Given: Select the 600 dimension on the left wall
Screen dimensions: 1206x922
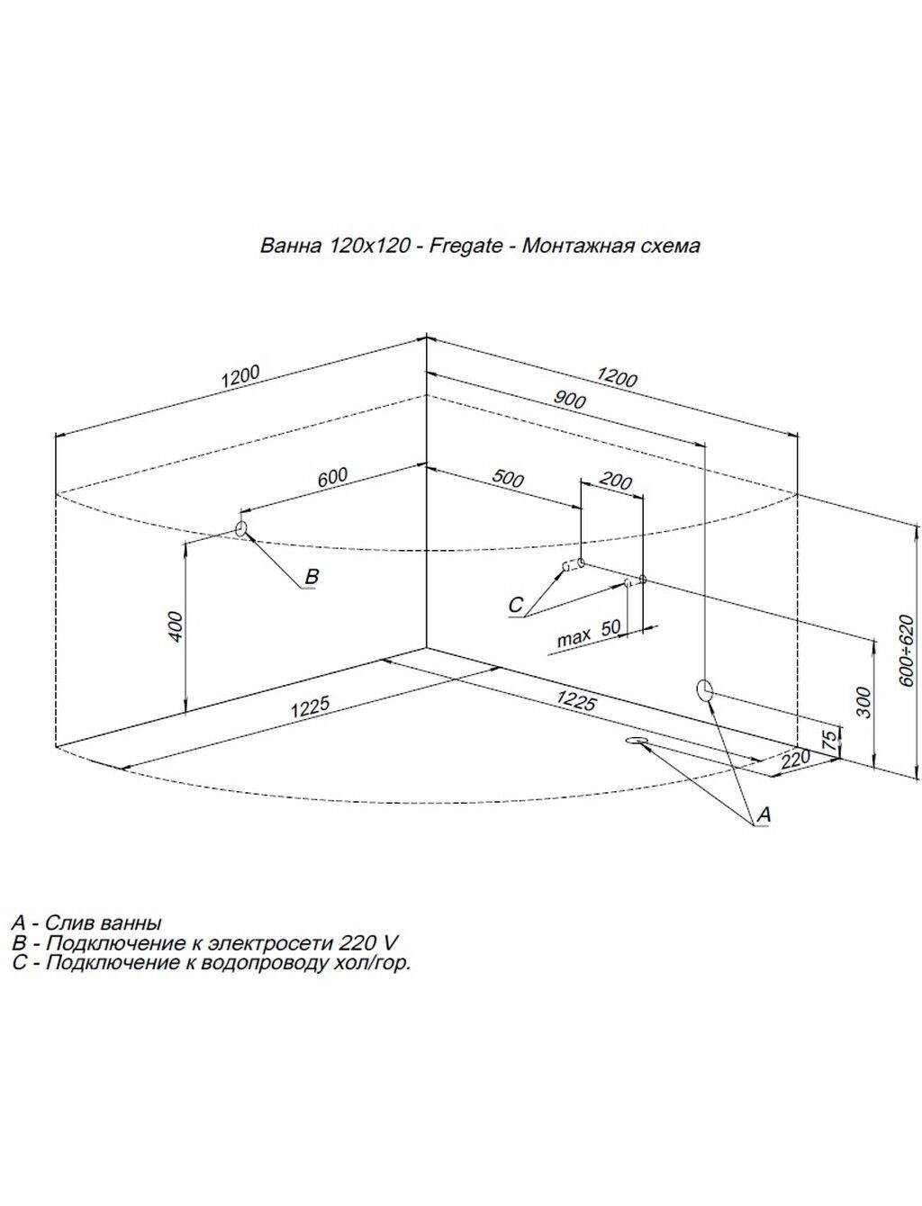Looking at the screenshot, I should coord(331,477).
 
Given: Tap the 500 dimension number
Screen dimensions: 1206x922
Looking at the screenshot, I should coord(508,478).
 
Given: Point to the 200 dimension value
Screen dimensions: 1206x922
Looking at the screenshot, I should coord(615,481).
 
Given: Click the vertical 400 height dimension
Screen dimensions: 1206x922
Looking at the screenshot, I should coord(176,626).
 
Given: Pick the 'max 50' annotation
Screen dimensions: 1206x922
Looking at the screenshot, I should coord(589,633).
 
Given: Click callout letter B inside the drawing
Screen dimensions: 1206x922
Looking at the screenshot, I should coord(312,577).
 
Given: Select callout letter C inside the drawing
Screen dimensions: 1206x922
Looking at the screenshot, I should coord(515,605).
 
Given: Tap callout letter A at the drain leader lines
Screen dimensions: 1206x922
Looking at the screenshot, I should coord(764,814).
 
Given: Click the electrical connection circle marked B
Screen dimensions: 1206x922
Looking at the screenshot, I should coord(240,527).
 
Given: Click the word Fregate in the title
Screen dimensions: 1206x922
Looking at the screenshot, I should coord(466,246).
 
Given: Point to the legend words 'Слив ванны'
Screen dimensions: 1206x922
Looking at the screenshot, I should coord(104,923).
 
